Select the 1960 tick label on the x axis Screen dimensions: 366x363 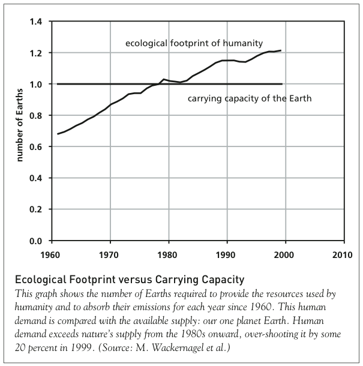[52, 253]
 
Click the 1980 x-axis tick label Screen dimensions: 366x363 [169, 253]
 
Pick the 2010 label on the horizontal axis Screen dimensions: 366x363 [343, 253]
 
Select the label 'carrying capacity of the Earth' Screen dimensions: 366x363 [249, 98]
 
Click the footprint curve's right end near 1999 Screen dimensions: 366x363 [281, 50]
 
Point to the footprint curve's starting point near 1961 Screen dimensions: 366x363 [58, 134]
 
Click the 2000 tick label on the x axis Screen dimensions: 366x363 [284, 253]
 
